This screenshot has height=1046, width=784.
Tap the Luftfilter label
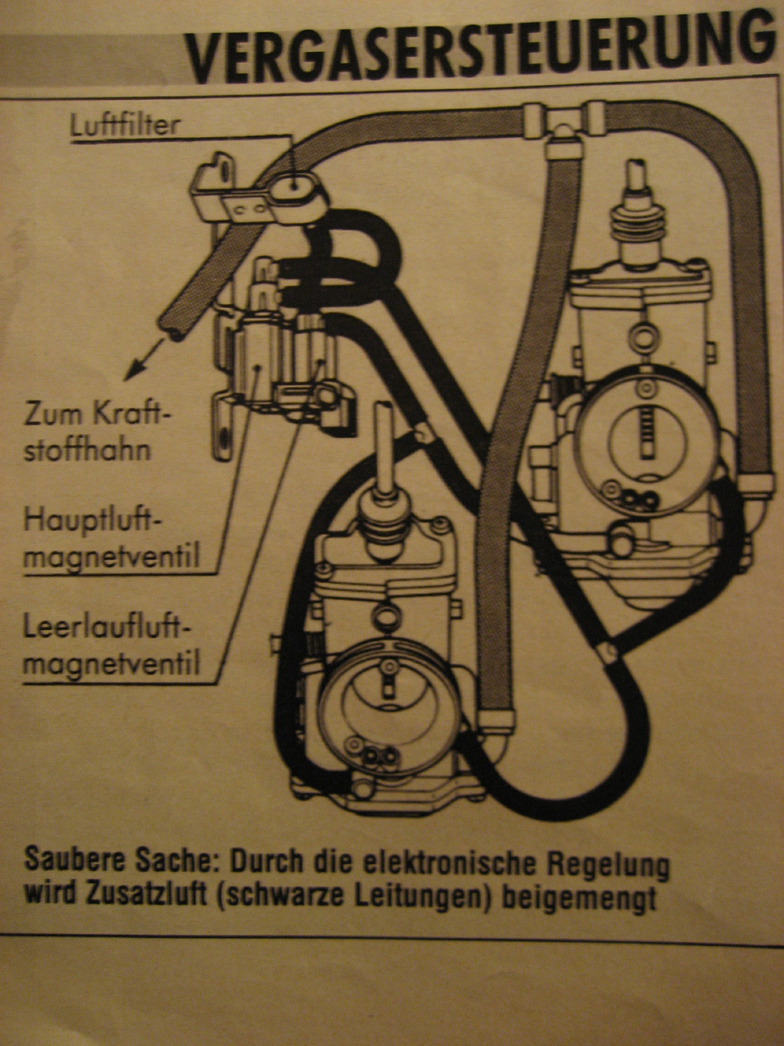point(125,125)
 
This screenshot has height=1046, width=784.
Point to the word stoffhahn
point(87,449)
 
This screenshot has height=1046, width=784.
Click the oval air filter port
point(295,182)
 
